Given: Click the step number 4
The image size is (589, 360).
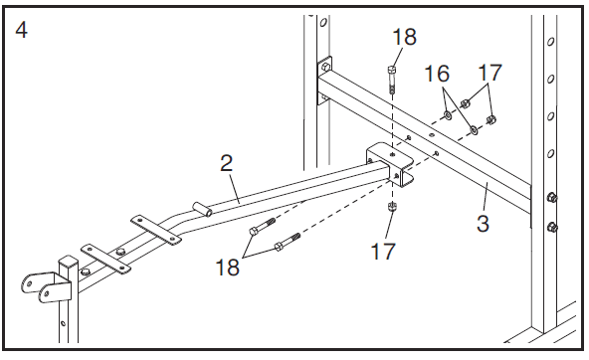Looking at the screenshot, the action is pyautogui.click(x=21, y=30).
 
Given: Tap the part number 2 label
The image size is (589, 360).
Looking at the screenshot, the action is pyautogui.click(x=227, y=163).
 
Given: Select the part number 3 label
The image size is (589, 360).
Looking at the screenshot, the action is pyautogui.click(x=483, y=223).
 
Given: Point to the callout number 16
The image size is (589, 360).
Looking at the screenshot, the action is pyautogui.click(x=437, y=74).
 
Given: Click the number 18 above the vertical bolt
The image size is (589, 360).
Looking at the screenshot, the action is pyautogui.click(x=404, y=37).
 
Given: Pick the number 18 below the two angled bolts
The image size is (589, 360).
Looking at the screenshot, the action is pyautogui.click(x=227, y=268).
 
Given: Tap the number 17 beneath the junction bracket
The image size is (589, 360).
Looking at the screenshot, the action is pyautogui.click(x=383, y=252).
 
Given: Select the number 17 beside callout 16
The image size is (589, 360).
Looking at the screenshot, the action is pyautogui.click(x=490, y=73).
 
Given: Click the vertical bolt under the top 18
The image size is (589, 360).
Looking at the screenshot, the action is pyautogui.click(x=391, y=80).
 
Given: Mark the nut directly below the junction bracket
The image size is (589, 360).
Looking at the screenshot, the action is pyautogui.click(x=392, y=207).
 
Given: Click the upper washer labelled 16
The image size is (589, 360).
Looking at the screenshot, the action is pyautogui.click(x=448, y=114).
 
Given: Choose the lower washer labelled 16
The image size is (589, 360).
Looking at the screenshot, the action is pyautogui.click(x=474, y=130).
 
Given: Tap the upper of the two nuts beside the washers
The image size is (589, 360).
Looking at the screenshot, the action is pyautogui.click(x=465, y=102).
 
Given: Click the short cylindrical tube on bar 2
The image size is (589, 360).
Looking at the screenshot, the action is pyautogui.click(x=203, y=209).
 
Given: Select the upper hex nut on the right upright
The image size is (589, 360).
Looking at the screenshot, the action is pyautogui.click(x=551, y=197).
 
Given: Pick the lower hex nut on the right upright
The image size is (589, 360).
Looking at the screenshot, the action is pyautogui.click(x=552, y=227).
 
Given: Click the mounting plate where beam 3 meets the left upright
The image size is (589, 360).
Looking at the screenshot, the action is pyautogui.click(x=324, y=80).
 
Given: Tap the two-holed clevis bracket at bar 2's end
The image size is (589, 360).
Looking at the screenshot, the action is pyautogui.click(x=46, y=286).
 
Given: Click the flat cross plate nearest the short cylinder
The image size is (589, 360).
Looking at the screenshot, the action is pyautogui.click(x=154, y=230).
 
